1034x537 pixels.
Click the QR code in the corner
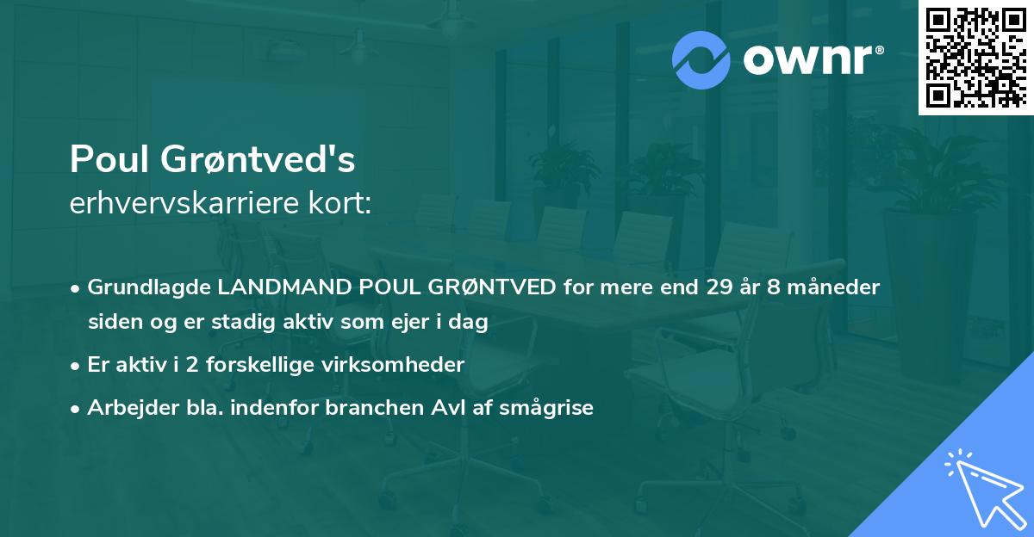click(976, 58)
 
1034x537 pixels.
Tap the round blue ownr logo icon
click(701, 59)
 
